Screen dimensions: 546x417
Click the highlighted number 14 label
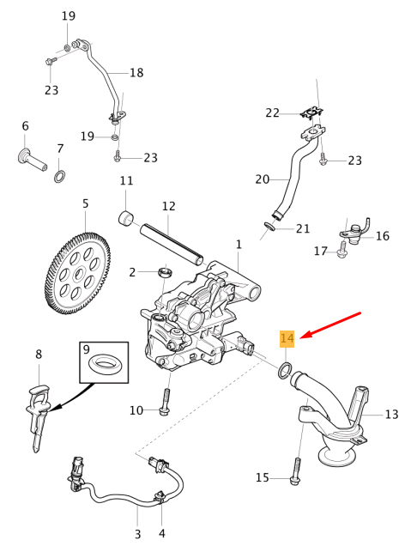pyautogui.click(x=287, y=339)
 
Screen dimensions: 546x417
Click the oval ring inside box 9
pyautogui.click(x=104, y=362)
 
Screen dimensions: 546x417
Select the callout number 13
pyautogui.click(x=391, y=415)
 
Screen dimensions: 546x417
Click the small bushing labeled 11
pyautogui.click(x=128, y=219)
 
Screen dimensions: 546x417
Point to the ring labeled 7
pyautogui.click(x=59, y=176)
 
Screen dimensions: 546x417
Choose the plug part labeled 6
pyautogui.click(x=31, y=160)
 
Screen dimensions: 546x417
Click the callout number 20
pyautogui.click(x=262, y=179)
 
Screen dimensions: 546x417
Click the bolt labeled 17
pyautogui.click(x=342, y=250)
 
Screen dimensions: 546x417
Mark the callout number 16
pyautogui.click(x=382, y=236)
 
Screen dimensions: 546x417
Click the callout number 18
pyautogui.click(x=136, y=73)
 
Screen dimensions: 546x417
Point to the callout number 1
pyautogui.click(x=239, y=245)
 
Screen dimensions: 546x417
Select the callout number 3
pyautogui.click(x=137, y=534)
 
